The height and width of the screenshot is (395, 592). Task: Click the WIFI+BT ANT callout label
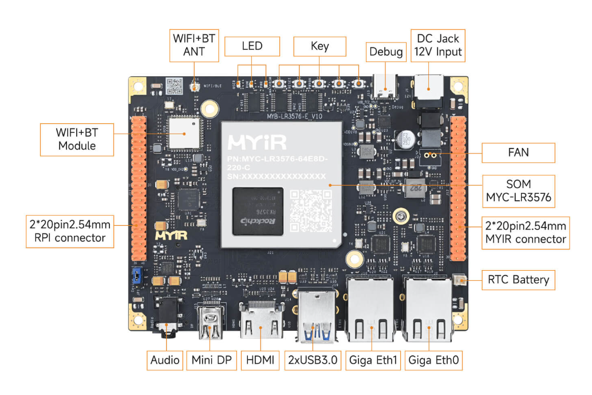point(194,45)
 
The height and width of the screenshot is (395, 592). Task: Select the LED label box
point(252,46)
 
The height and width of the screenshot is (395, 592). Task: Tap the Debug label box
point(386,52)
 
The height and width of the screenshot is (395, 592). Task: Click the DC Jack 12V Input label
point(438,45)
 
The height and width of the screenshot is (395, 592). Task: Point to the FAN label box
point(518,152)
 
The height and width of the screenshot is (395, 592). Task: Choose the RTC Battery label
point(518,280)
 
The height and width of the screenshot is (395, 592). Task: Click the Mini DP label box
point(211,361)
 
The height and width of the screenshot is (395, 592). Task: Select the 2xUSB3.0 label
point(313,361)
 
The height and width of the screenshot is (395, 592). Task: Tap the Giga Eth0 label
point(433,361)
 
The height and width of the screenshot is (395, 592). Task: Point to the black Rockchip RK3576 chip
point(258,210)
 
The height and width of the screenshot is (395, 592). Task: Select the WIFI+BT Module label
point(77,139)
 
